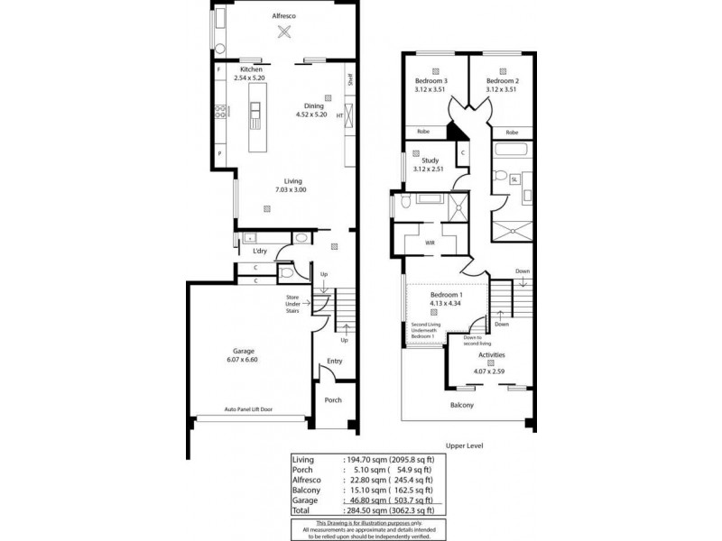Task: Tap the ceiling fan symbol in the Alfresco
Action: tap(285, 33)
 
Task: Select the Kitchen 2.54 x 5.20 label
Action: tap(250, 74)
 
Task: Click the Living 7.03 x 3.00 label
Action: tap(291, 185)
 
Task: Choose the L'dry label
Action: tap(260, 251)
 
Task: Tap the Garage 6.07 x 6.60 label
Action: tap(244, 354)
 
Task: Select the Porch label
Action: tap(333, 400)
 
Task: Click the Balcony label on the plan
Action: tap(461, 406)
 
